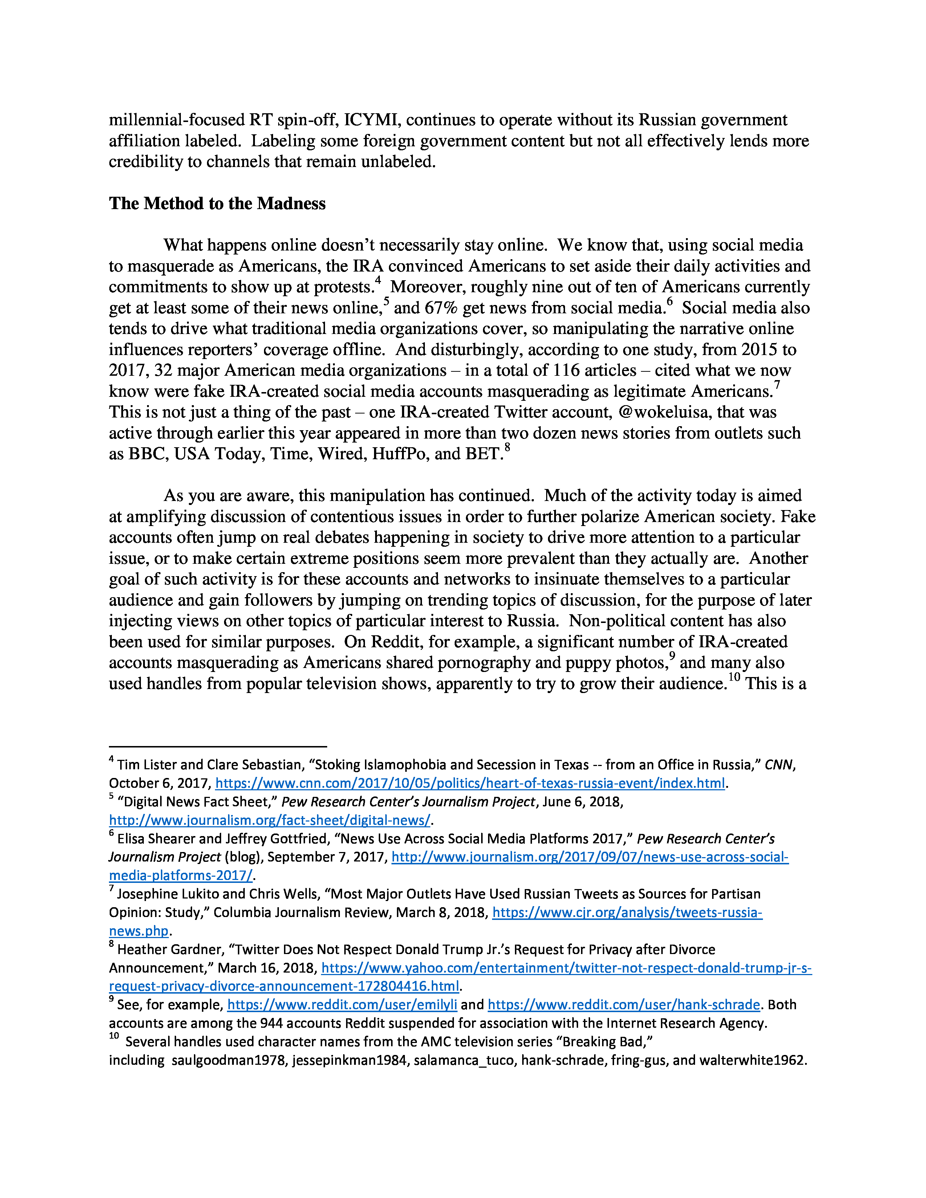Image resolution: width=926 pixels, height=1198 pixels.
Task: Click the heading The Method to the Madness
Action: (x=217, y=204)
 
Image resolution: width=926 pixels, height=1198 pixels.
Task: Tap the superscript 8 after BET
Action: (x=507, y=447)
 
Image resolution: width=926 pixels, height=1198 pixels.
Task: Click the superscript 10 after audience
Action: (x=734, y=677)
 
